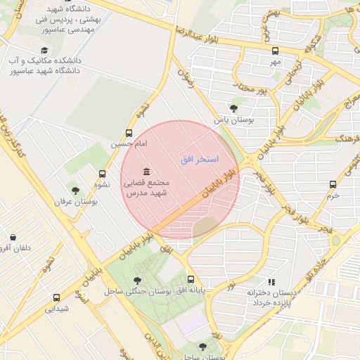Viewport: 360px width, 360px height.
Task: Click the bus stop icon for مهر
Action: pyautogui.click(x=275, y=51)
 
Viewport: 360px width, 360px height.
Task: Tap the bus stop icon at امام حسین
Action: pyautogui.click(x=129, y=133)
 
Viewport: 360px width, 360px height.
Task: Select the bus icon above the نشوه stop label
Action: pyautogui.click(x=103, y=174)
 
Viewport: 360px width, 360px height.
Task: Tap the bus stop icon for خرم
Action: pyautogui.click(x=333, y=185)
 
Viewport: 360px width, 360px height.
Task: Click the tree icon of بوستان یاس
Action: pyautogui.click(x=233, y=108)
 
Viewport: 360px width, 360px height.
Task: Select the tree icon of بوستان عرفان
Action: pyautogui.click(x=75, y=190)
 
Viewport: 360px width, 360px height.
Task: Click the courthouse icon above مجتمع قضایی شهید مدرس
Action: pyautogui.click(x=146, y=172)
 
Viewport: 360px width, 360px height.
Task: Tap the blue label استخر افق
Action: pyautogui.click(x=200, y=160)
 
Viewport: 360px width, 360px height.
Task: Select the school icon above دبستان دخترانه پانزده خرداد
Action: pyautogui.click(x=271, y=282)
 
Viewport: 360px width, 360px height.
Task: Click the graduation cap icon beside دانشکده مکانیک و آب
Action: pyautogui.click(x=45, y=51)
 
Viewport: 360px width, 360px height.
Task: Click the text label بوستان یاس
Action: pyautogui.click(x=232, y=120)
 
